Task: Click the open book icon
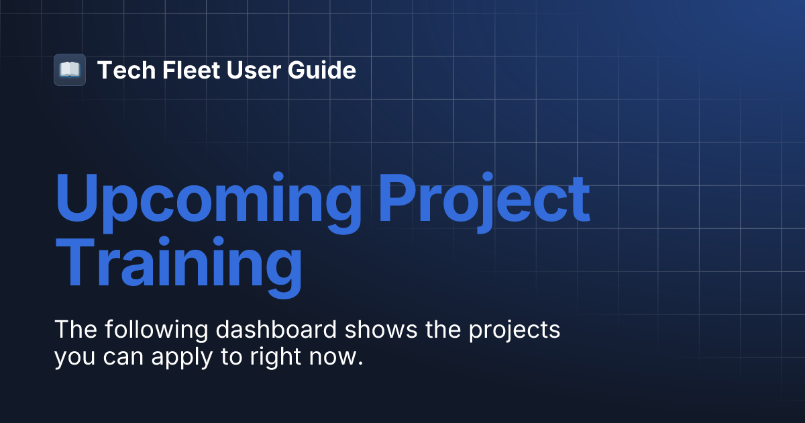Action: tap(70, 70)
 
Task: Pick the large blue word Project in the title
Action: tap(484, 200)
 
